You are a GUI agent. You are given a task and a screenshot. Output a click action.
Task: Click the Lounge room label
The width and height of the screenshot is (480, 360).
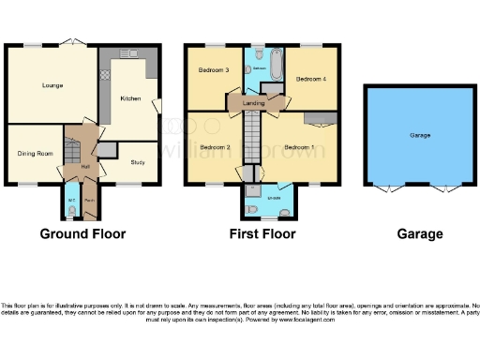click(52, 85)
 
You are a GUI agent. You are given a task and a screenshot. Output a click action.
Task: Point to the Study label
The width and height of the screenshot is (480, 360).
click(137, 160)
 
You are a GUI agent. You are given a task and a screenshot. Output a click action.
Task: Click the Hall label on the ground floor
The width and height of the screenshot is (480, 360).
click(85, 167)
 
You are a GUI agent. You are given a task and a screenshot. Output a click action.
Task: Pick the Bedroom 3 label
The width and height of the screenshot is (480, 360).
click(213, 70)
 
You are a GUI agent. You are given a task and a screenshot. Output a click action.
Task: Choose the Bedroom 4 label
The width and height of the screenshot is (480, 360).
click(310, 80)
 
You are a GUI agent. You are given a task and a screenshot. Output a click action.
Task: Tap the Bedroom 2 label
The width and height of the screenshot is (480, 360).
click(215, 147)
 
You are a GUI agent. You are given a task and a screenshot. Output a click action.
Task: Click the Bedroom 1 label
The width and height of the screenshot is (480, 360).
click(299, 147)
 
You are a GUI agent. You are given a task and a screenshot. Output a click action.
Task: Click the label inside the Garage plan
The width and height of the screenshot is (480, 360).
click(419, 136)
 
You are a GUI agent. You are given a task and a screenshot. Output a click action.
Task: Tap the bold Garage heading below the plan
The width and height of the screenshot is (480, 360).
click(419, 233)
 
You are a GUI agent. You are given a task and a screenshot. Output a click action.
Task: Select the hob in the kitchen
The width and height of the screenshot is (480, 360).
click(106, 73)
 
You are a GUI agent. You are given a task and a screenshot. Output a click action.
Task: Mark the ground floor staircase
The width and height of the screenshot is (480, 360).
click(70, 150)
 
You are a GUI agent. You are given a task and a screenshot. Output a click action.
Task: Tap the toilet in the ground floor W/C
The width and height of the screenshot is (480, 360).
click(71, 211)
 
